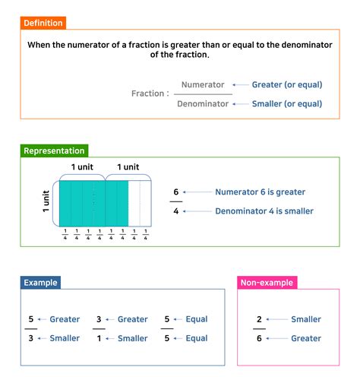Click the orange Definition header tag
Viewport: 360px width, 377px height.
point(43,24)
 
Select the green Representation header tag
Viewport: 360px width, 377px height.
point(54,150)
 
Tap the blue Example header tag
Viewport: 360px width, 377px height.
point(40,283)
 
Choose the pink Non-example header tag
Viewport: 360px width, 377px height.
point(267,283)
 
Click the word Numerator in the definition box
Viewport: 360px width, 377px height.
point(204,85)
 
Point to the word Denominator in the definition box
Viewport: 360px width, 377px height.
point(203,103)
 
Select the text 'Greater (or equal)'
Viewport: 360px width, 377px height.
point(287,85)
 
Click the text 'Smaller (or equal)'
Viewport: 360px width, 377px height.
point(287,103)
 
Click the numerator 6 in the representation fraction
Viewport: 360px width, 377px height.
point(175,192)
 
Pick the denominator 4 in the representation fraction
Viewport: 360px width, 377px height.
point(175,211)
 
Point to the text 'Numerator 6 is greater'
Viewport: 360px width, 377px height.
point(261,192)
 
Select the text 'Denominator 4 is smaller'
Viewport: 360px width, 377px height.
point(264,211)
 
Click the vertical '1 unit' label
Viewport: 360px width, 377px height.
point(46,203)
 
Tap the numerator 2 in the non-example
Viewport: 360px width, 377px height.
point(259,319)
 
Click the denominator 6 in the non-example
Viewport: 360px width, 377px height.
point(259,338)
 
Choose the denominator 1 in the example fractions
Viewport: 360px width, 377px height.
point(99,338)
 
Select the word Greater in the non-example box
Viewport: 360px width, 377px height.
point(306,338)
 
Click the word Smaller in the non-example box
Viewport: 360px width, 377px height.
point(306,319)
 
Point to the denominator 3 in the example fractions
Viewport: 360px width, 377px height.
point(31,338)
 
